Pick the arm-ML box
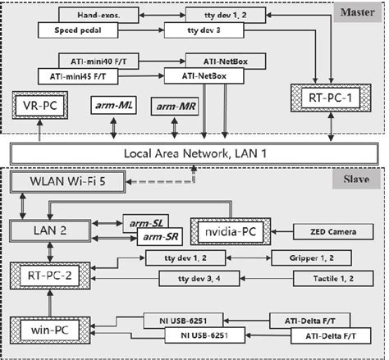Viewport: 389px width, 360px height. pos(112,107)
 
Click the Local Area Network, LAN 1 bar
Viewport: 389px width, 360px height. pos(194,154)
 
